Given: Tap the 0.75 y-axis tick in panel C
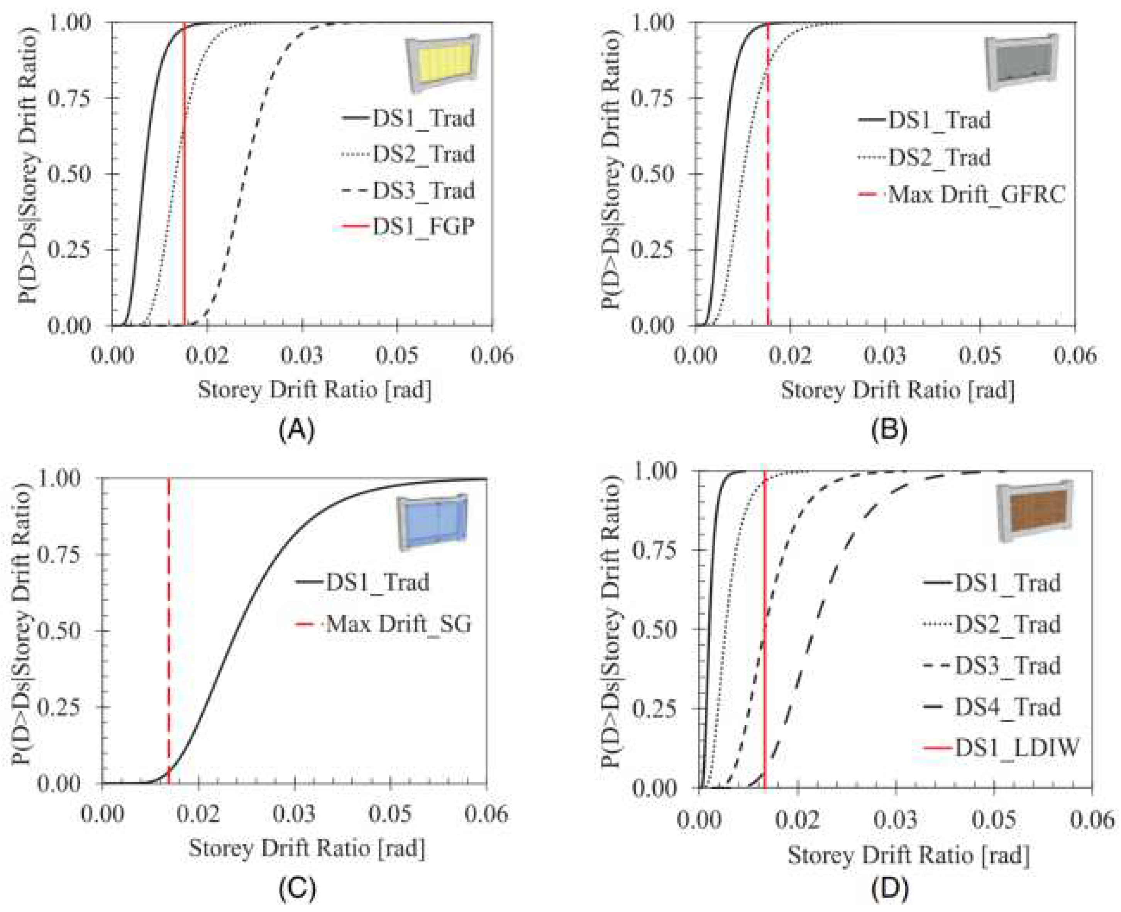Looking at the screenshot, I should [x=59, y=554].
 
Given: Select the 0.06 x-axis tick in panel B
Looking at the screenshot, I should [x=1075, y=356].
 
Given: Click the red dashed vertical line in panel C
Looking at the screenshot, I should [x=169, y=630].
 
